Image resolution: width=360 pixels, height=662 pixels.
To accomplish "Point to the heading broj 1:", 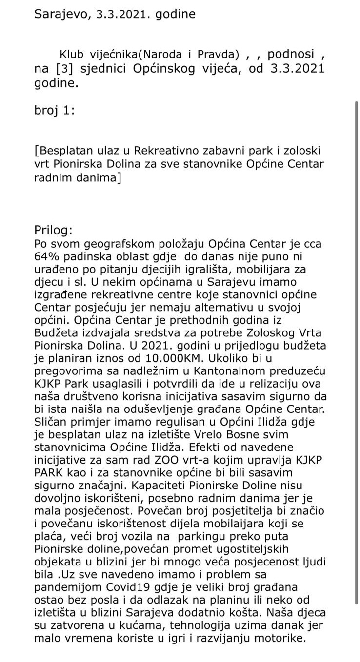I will click(x=55, y=110).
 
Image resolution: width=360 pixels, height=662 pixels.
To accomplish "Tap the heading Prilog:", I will click(x=54, y=230).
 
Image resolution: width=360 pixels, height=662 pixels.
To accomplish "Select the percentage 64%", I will click(x=47, y=256).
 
